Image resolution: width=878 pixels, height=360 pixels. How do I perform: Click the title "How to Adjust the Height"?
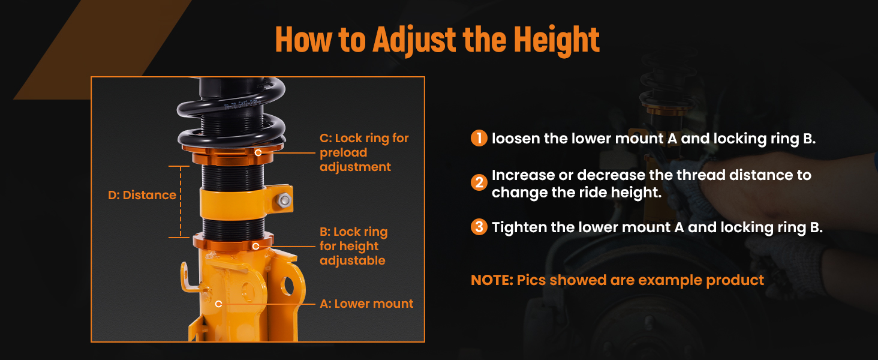click(x=437, y=40)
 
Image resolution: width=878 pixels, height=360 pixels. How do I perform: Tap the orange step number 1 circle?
click(x=479, y=138)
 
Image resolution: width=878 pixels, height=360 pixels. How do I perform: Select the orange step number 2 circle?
click(x=479, y=182)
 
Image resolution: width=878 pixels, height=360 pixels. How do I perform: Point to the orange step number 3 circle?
click(x=479, y=227)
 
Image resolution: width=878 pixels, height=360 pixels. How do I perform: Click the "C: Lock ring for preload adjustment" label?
click(x=364, y=152)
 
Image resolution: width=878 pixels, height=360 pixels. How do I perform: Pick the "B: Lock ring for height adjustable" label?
click(x=353, y=246)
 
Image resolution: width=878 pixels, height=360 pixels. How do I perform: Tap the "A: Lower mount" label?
click(x=366, y=304)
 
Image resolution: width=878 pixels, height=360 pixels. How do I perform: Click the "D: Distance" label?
click(x=142, y=195)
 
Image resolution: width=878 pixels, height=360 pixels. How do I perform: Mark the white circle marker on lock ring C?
click(x=258, y=152)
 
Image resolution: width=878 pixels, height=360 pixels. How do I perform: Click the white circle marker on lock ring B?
click(x=255, y=246)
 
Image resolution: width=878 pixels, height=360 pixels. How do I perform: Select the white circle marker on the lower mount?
click(x=219, y=304)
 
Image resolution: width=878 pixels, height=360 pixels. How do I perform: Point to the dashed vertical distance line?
click(x=181, y=202)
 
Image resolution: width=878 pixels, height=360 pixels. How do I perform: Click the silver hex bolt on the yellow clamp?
click(x=284, y=200)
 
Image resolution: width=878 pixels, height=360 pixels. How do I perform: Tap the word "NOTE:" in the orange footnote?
click(x=492, y=280)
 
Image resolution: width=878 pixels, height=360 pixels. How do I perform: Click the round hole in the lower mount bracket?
click(x=287, y=286)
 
